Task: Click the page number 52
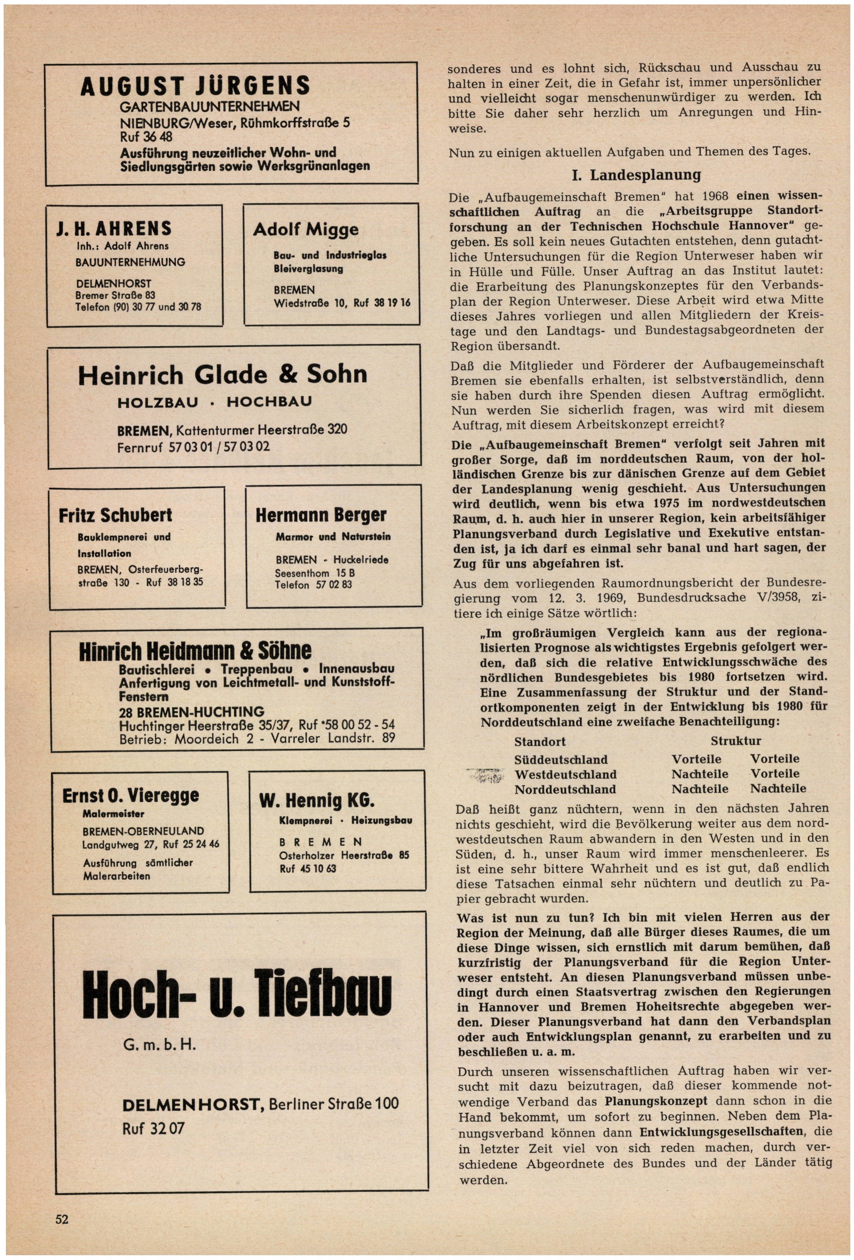click(x=62, y=1219)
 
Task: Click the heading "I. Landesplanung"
click(x=636, y=175)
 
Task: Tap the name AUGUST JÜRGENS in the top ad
click(x=195, y=86)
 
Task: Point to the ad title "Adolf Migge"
click(x=305, y=229)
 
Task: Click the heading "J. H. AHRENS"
click(x=114, y=228)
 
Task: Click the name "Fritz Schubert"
click(x=115, y=515)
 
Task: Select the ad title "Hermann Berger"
click(x=321, y=515)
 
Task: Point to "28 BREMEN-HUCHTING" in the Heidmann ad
click(x=192, y=711)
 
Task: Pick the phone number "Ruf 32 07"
click(x=153, y=1128)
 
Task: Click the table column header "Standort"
click(x=539, y=742)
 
